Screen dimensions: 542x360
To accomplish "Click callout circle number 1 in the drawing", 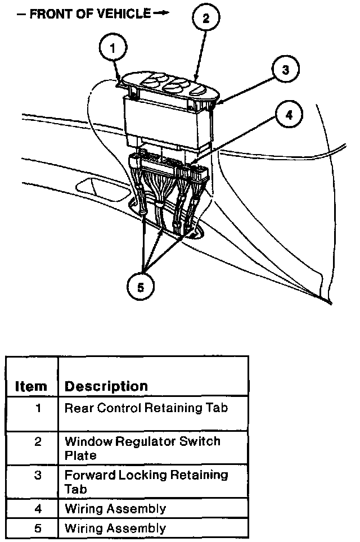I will [114, 48].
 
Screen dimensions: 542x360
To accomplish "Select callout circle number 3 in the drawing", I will [285, 70].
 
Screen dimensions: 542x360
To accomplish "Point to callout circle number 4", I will [289, 116].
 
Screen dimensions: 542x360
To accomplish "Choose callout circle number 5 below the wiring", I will [140, 287].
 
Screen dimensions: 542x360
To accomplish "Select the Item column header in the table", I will [31, 386].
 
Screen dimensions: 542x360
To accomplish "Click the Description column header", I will [106, 386].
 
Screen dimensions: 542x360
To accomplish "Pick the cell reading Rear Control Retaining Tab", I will [146, 408].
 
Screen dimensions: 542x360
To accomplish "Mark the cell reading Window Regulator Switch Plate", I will [142, 448].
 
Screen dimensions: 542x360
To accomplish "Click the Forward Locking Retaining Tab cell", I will [146, 482].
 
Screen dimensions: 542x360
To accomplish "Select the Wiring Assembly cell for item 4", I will [115, 509].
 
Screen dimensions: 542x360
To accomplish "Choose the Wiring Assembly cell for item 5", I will [115, 529].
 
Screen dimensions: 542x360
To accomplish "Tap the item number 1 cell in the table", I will [38, 408].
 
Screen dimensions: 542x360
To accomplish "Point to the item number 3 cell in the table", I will [38, 476].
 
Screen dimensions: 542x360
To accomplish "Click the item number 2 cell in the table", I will [38, 442].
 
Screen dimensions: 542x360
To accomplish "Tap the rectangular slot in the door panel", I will [98, 187].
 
